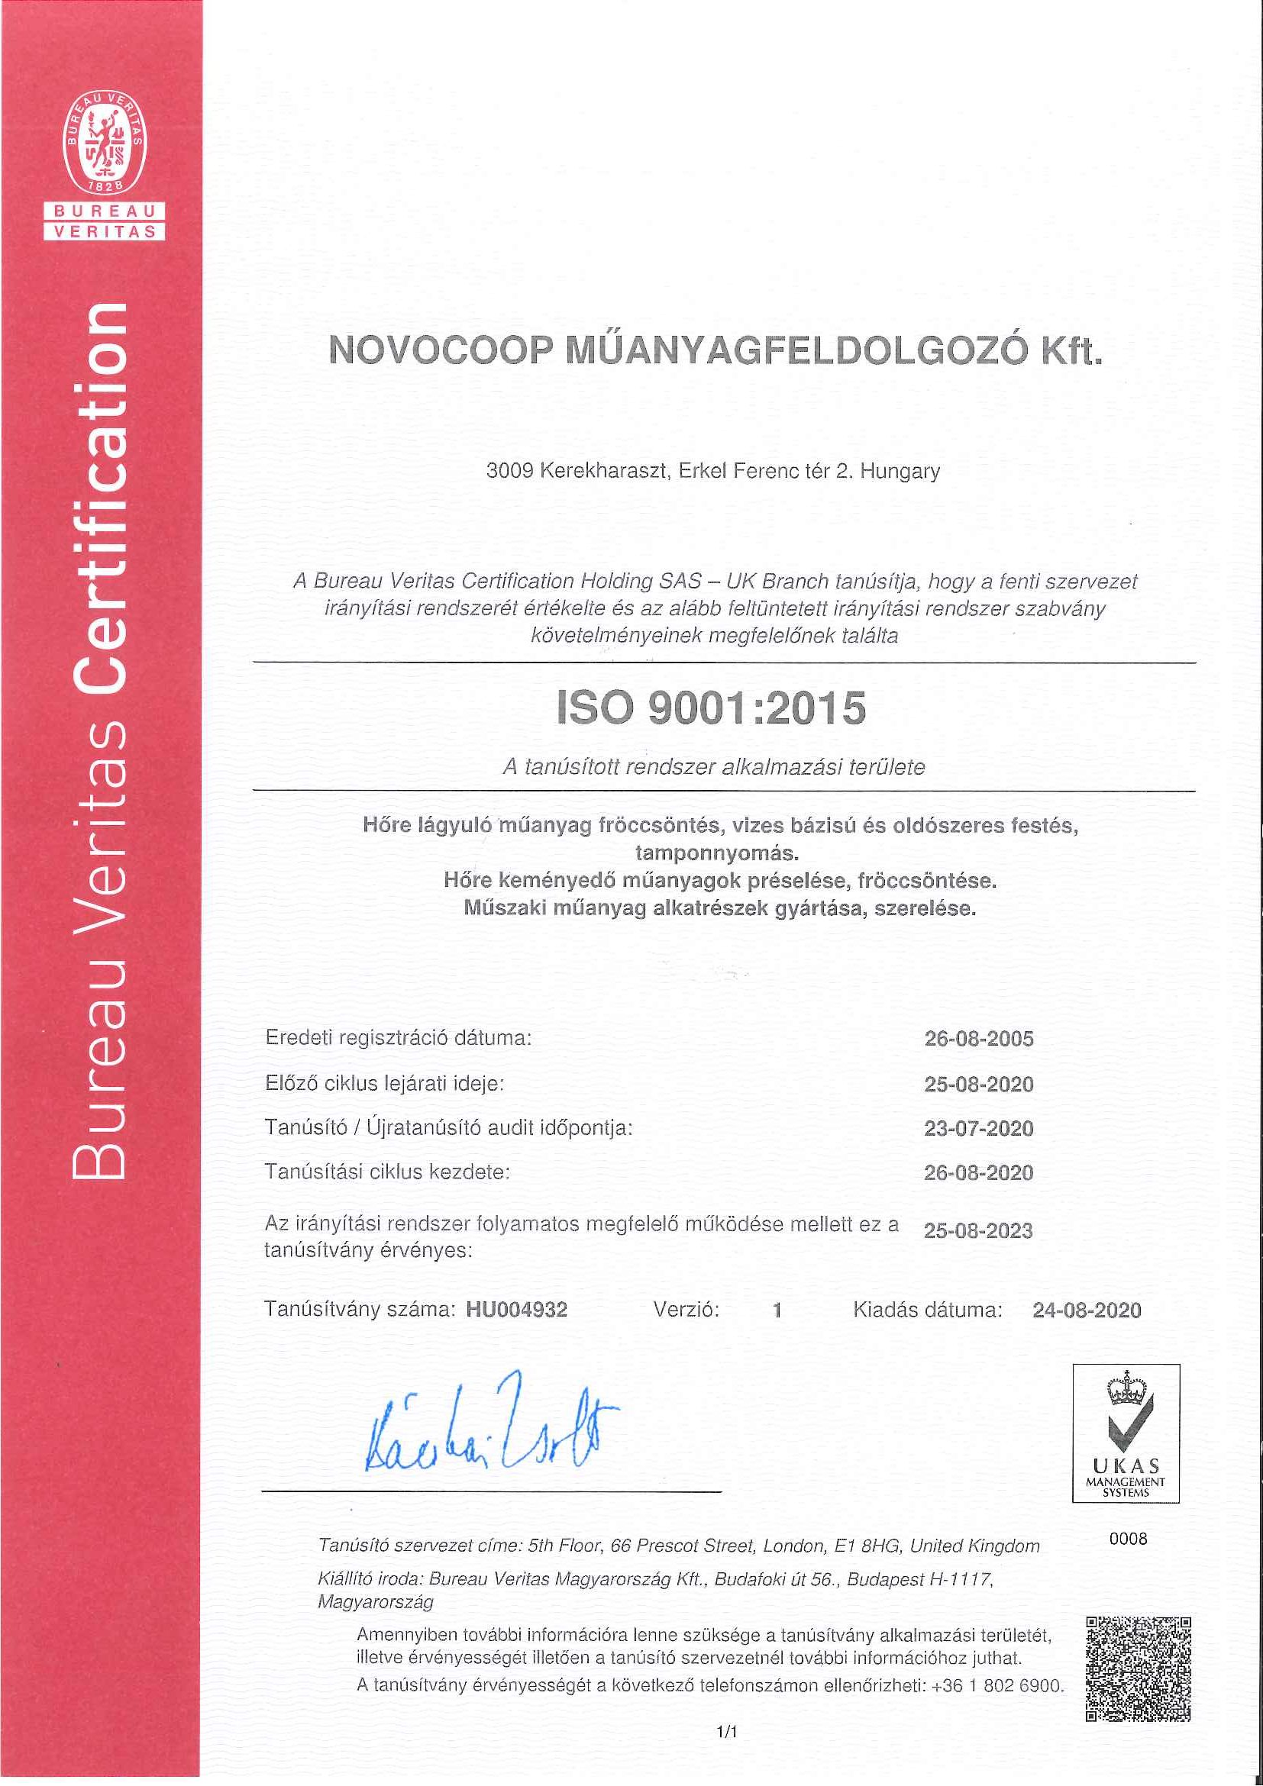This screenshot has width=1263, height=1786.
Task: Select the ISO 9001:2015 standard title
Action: (711, 708)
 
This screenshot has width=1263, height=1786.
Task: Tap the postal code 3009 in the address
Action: (509, 471)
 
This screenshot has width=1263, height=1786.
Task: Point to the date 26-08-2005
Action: (978, 1039)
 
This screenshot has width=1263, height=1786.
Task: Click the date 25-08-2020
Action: (978, 1084)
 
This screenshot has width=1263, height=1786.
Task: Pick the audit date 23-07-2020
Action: (978, 1128)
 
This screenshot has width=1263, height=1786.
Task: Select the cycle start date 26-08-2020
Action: (978, 1172)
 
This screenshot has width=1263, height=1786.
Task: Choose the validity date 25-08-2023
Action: (977, 1230)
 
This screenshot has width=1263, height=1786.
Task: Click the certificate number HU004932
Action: (517, 1310)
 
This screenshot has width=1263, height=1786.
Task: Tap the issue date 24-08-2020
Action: (1087, 1310)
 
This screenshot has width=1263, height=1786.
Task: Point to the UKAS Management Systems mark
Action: (1126, 1433)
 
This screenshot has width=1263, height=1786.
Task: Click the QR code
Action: (1138, 1668)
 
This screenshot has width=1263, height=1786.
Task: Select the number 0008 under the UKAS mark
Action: (1128, 1539)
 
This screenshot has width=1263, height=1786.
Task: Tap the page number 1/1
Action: (726, 1732)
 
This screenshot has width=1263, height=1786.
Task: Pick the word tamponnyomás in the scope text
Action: (717, 853)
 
